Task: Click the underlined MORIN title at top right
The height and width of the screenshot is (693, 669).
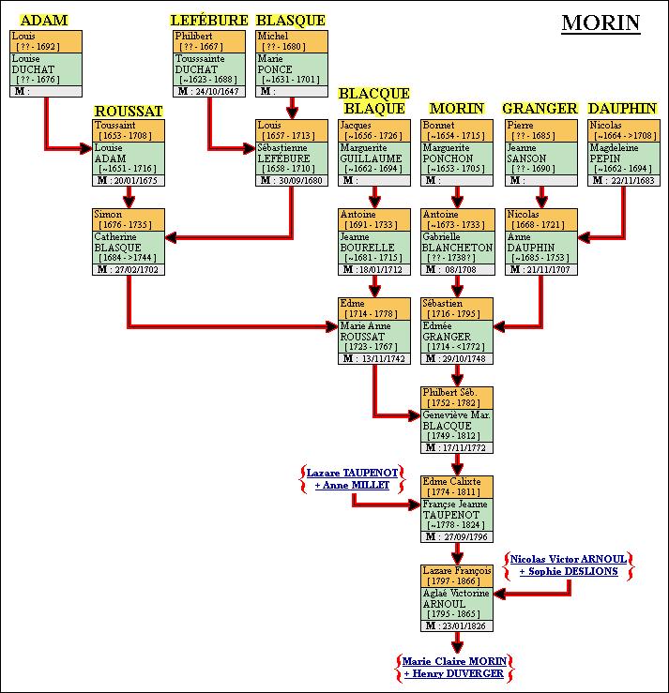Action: coord(601,23)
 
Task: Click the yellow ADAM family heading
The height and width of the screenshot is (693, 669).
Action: coord(44,21)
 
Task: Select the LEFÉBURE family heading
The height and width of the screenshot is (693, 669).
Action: coord(209,21)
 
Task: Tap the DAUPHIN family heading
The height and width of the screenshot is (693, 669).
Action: coord(622,109)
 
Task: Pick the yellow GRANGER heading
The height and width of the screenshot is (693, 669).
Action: coord(540,109)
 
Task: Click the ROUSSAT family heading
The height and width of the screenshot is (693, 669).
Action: coord(129,112)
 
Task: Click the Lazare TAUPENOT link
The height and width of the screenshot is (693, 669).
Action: coord(353,473)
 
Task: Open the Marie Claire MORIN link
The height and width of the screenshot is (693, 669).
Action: coord(454,661)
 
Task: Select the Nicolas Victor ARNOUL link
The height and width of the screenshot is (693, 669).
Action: coord(569,559)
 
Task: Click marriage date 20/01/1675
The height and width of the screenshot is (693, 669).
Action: coord(136,180)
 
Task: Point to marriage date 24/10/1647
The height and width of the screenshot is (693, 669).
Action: coord(217,92)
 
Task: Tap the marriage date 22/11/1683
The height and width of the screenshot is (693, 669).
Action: coord(631,180)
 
